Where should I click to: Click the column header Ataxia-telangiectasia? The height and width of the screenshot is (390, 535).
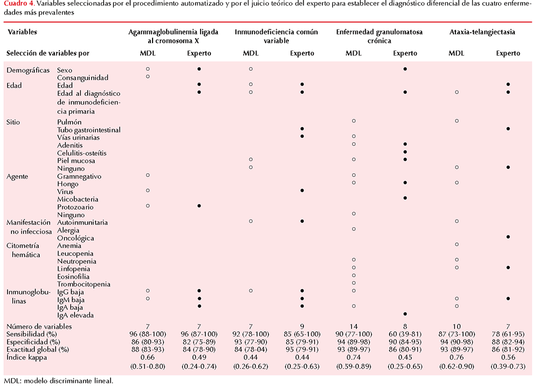point(482,32)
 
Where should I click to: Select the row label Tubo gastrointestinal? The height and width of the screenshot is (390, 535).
point(89,130)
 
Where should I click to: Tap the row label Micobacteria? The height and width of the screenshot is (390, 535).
point(78,199)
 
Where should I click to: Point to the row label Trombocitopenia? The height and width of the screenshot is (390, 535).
point(84,284)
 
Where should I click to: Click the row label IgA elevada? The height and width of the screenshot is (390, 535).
point(75,315)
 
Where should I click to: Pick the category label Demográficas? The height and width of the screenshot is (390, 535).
point(28,70)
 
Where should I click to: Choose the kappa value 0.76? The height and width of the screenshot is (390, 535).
point(457,357)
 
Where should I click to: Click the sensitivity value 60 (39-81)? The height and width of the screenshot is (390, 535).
point(405,334)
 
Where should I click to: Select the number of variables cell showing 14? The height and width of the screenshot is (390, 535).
point(354,326)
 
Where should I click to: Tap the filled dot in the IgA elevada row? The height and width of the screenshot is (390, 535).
point(405,314)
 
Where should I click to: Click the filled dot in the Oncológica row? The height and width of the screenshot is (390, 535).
point(508,237)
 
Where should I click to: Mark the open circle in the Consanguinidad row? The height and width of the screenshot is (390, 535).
point(148,76)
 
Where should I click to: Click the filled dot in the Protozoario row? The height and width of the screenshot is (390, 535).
point(199,206)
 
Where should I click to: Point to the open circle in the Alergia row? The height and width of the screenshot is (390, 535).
point(354,229)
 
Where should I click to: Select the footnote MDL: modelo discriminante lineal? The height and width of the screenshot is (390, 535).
point(58,381)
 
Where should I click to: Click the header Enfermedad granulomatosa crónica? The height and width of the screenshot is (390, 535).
point(379,36)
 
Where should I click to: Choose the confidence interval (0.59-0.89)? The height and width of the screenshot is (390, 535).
point(354,367)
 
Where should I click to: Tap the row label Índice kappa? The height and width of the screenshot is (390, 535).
point(27,357)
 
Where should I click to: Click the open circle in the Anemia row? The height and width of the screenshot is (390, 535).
point(457,245)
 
